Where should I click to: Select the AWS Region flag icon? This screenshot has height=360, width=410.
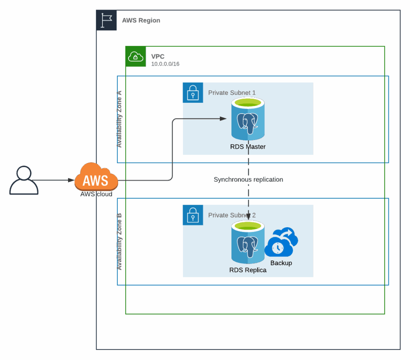point(107,20)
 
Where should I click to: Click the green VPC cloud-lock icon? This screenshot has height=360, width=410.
point(136,56)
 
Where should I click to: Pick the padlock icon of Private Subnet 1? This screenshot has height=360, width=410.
point(193,93)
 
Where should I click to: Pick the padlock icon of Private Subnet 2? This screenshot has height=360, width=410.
point(193,215)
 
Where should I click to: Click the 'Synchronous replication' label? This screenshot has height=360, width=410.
point(248,180)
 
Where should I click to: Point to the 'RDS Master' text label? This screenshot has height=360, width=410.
point(248,147)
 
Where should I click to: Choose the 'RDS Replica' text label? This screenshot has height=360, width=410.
point(248,270)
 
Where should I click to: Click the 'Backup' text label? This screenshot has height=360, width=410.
point(281,263)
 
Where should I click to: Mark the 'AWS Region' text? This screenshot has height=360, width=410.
point(141,20)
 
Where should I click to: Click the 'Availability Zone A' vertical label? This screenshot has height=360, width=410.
point(119,119)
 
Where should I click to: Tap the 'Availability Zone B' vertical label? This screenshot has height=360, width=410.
point(119,241)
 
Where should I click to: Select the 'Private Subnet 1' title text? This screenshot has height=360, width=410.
point(232,93)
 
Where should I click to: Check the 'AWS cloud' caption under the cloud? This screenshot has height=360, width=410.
point(96,194)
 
